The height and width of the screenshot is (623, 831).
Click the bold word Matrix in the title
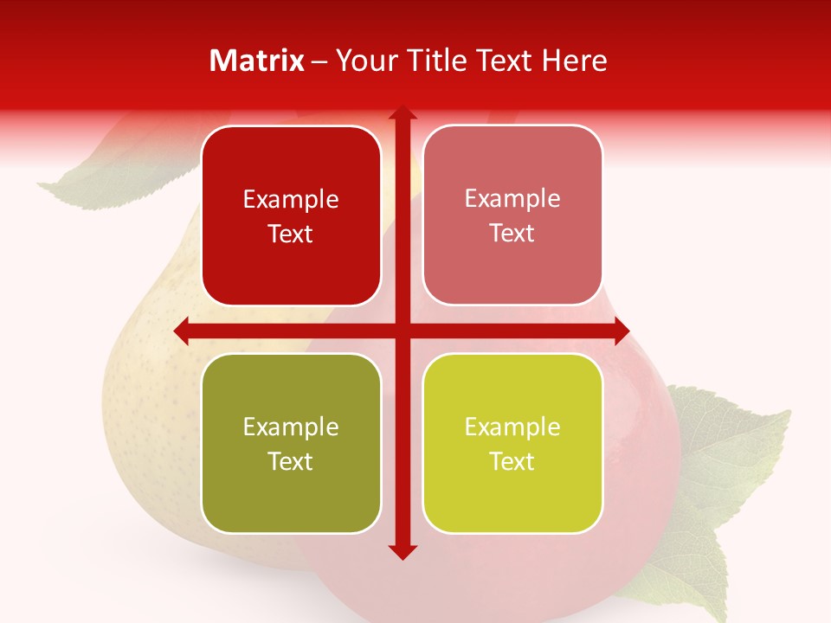(257, 61)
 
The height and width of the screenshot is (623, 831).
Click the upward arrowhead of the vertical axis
(402, 113)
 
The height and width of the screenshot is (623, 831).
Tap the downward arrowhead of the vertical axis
(402, 551)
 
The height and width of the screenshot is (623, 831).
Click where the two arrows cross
(402, 331)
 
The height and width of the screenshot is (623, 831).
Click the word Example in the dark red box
(291, 200)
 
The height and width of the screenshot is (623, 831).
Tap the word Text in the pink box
(512, 233)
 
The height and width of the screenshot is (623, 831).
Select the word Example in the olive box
(291, 427)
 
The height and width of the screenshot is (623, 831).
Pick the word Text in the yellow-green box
(512, 461)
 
